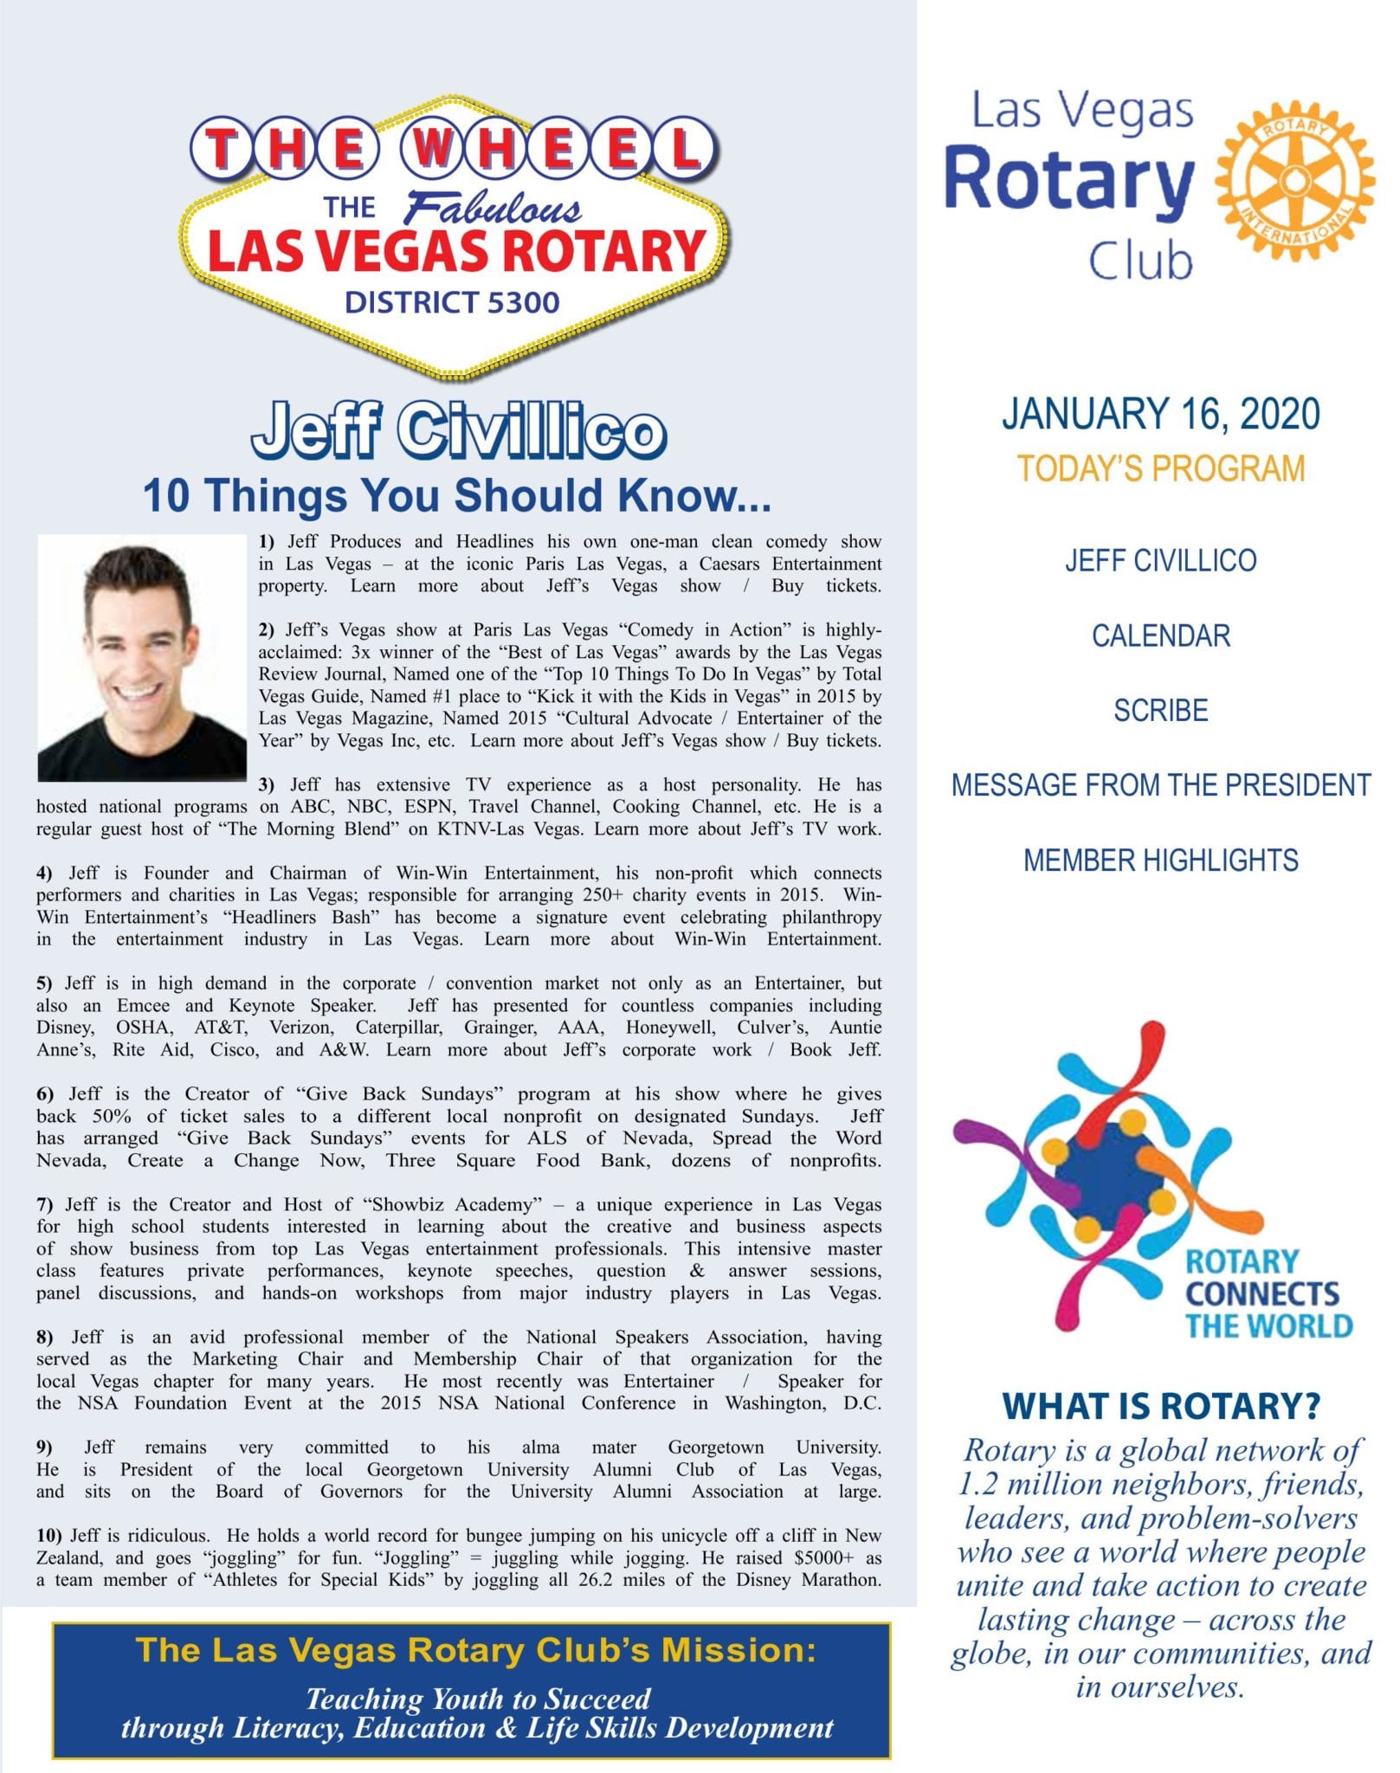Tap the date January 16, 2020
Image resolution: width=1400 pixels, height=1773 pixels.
(x=1160, y=414)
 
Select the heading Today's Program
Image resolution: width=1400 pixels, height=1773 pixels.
(x=1160, y=468)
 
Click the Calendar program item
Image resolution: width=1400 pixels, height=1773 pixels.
(x=1160, y=636)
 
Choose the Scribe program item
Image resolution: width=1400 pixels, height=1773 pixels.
(x=1160, y=711)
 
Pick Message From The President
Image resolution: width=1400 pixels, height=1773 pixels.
(x=1160, y=785)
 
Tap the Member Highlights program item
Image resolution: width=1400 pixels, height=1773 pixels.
(x=1160, y=861)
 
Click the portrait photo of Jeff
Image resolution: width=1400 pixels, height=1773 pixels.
(x=142, y=658)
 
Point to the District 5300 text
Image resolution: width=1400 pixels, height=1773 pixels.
(x=452, y=303)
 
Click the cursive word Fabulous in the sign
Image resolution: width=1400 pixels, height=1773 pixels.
(x=494, y=209)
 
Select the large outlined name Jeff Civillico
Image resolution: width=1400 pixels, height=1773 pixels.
(x=458, y=430)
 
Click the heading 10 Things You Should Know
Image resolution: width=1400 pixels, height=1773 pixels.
(x=456, y=495)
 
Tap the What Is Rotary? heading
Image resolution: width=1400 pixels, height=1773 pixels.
(x=1160, y=1406)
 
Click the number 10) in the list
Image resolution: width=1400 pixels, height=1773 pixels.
(x=48, y=1536)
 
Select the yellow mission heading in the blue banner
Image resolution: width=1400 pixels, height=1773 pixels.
(x=476, y=1650)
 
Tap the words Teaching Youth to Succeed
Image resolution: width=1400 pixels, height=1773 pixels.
(x=478, y=1699)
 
